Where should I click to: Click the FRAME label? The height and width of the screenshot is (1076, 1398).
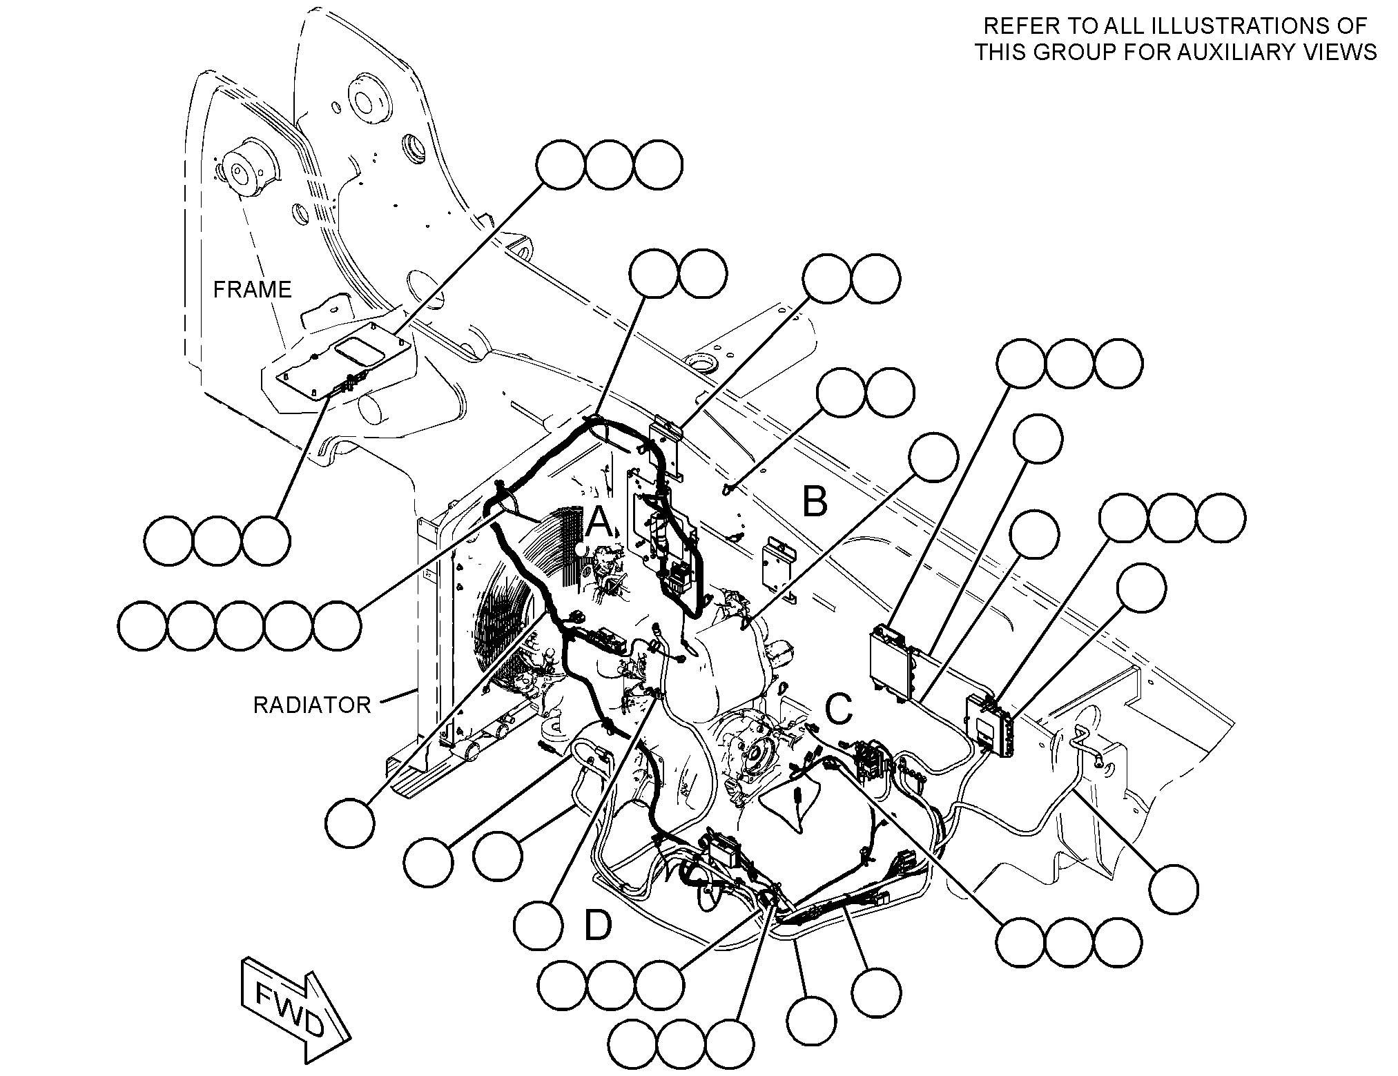click(x=252, y=289)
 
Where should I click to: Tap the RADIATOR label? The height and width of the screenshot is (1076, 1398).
click(x=313, y=705)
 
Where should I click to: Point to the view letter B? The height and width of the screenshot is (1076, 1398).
click(x=815, y=502)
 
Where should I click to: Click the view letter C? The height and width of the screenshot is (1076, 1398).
click(x=839, y=710)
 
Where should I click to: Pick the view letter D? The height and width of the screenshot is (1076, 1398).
click(x=598, y=926)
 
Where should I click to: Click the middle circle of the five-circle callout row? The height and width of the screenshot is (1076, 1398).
click(x=240, y=625)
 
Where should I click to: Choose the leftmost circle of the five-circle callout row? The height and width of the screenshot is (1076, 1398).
click(x=142, y=625)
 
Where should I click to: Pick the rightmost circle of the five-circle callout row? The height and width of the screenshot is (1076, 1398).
click(x=337, y=625)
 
